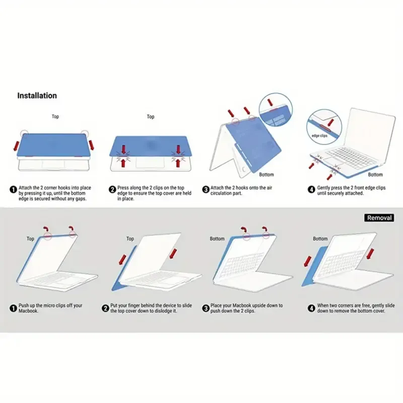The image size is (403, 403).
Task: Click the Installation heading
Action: point(37,95)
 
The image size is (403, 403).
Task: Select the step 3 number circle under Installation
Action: point(206,189)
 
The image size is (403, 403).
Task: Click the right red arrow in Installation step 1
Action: point(91,145)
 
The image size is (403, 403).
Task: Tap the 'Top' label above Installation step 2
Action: point(151,117)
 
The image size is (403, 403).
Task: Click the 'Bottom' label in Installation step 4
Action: point(375,175)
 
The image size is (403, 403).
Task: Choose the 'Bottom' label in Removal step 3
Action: point(217,238)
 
